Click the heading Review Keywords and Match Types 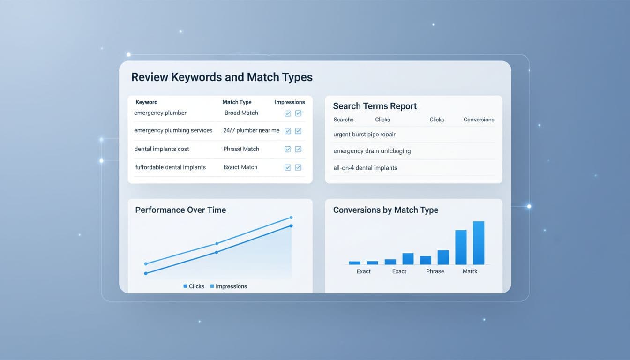[222, 77]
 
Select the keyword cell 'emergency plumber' [160, 113]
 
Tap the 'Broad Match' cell [241, 113]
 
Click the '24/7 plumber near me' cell [251, 130]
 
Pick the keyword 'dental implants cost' [162, 149]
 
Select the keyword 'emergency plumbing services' [173, 130]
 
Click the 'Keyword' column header [147, 102]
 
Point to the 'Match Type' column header [237, 102]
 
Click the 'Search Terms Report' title [375, 106]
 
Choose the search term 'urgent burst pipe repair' [364, 135]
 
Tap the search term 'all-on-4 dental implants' [365, 168]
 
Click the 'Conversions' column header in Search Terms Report [479, 120]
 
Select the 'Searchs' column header [344, 120]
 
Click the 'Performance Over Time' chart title [180, 210]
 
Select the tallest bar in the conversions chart [479, 243]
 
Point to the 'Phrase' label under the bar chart [435, 271]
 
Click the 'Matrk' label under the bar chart [470, 271]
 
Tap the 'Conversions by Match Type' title [385, 210]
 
